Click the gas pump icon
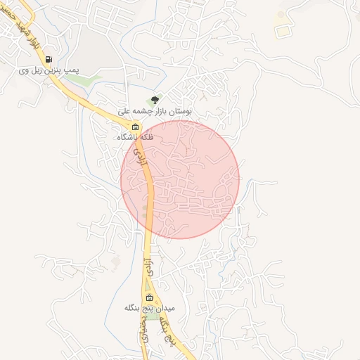[x=49, y=60]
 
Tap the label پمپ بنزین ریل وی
[x=49, y=71]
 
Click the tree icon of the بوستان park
[x=155, y=100]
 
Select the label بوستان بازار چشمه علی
[x=155, y=111]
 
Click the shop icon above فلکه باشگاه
[x=136, y=127]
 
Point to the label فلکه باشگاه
[x=136, y=138]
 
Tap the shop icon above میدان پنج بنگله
[x=148, y=297]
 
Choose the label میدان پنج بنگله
[x=148, y=308]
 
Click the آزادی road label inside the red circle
[x=142, y=157]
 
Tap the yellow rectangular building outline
[x=283, y=32]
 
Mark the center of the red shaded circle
[x=181, y=179]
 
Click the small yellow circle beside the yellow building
[x=281, y=15]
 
